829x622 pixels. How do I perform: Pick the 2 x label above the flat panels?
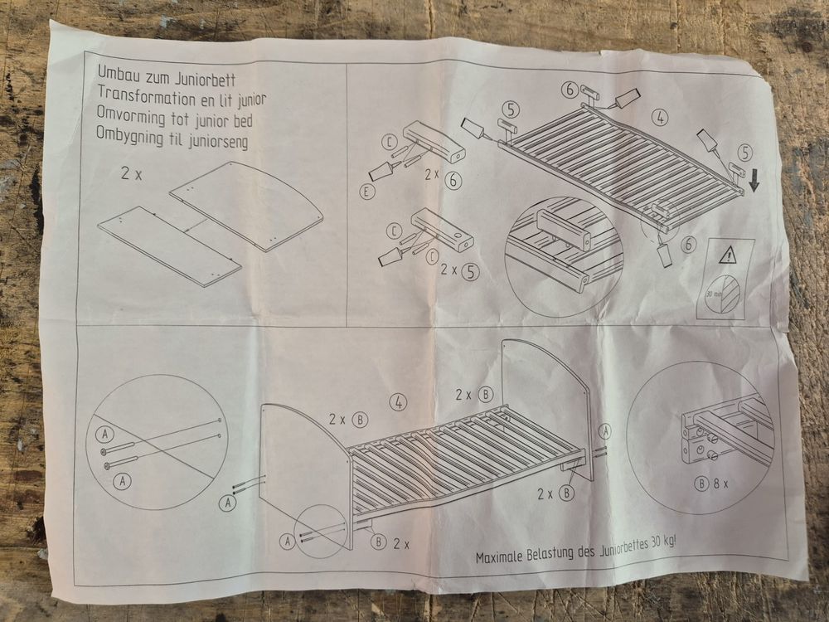tap(131, 173)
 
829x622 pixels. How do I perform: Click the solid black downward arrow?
tap(754, 182)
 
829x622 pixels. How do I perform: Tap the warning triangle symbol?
tap(729, 255)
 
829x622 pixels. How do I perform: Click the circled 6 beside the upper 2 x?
tap(453, 182)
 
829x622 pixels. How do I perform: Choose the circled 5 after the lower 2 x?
tap(470, 271)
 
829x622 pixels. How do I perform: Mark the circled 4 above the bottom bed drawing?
tap(399, 402)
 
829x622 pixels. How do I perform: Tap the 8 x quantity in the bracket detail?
tap(720, 484)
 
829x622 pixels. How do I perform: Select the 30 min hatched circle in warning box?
tap(726, 294)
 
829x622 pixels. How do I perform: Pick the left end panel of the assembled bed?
tap(303, 476)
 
